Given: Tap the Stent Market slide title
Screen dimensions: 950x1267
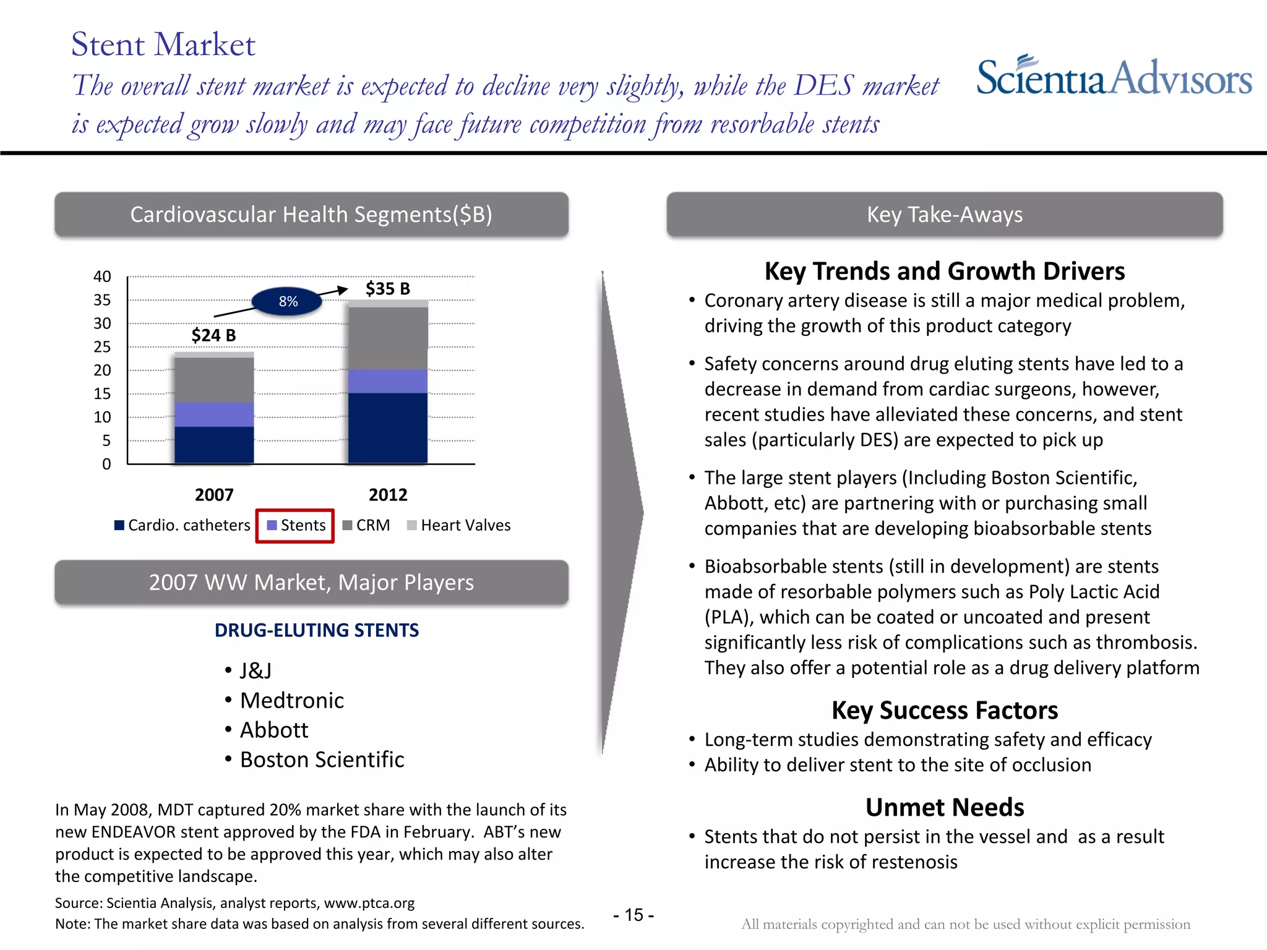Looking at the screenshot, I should click(x=163, y=45).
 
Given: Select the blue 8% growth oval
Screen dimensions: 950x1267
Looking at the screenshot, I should click(x=288, y=302).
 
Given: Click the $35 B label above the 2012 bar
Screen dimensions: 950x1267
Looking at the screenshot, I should click(x=388, y=289).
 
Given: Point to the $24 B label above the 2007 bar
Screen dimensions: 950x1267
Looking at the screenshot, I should click(x=213, y=335).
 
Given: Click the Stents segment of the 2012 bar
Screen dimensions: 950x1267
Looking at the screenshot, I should click(x=388, y=381).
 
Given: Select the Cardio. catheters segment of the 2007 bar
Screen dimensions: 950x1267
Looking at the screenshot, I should click(x=214, y=444).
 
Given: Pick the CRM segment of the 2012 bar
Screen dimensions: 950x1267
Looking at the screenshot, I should click(x=388, y=338).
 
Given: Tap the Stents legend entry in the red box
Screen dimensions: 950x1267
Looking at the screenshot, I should click(x=296, y=526).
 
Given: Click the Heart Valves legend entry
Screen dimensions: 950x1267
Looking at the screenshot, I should click(x=459, y=526).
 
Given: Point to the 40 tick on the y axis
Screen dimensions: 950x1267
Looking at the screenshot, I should click(x=102, y=276).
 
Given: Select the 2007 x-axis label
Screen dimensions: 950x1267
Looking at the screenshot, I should click(x=214, y=495).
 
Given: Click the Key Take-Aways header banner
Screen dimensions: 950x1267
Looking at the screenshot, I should click(x=944, y=215).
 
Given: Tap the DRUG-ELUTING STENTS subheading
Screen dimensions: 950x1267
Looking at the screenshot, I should click(x=317, y=630).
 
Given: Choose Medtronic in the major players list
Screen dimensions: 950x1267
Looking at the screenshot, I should click(x=291, y=701).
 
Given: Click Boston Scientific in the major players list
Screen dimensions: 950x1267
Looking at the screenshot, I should click(x=322, y=760).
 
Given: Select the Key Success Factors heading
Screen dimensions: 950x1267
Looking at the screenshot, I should click(x=944, y=711).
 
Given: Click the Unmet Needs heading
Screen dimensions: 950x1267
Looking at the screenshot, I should click(x=944, y=808).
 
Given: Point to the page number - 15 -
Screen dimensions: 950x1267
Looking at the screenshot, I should click(x=633, y=915).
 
